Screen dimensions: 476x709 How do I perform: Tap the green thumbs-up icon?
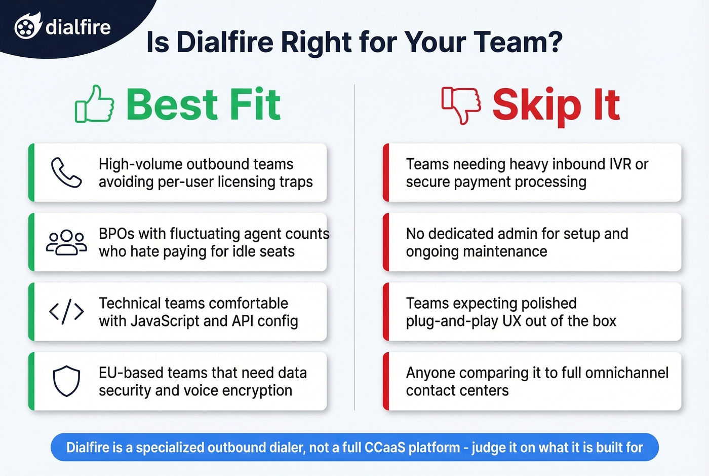pyautogui.click(x=95, y=104)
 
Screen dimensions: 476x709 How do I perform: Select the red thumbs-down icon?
pyautogui.click(x=461, y=105)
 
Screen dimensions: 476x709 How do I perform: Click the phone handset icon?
pyautogui.click(x=66, y=173)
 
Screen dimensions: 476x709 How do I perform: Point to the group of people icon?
pyautogui.click(x=66, y=243)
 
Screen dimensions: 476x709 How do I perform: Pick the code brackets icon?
pyautogui.click(x=66, y=312)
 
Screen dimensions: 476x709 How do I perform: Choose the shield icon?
pyautogui.click(x=66, y=381)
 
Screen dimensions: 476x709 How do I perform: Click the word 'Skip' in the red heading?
pyautogui.click(x=536, y=105)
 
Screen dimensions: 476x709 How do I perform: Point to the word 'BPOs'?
pyautogui.click(x=116, y=234)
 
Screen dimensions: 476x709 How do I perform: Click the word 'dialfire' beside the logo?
pyautogui.click(x=78, y=27)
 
